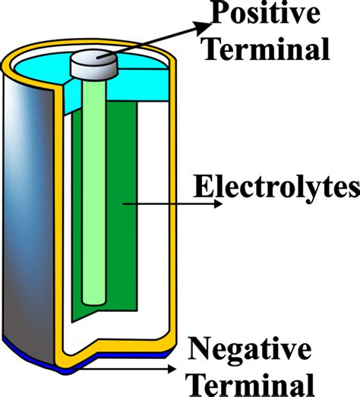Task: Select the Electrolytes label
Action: [x=276, y=186]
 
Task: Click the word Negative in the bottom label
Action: [x=249, y=350]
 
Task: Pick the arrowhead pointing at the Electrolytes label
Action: [x=216, y=204]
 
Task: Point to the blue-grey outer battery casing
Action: [x=30, y=213]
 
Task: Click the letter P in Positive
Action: [x=218, y=14]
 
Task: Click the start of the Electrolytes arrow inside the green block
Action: [x=122, y=204]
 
